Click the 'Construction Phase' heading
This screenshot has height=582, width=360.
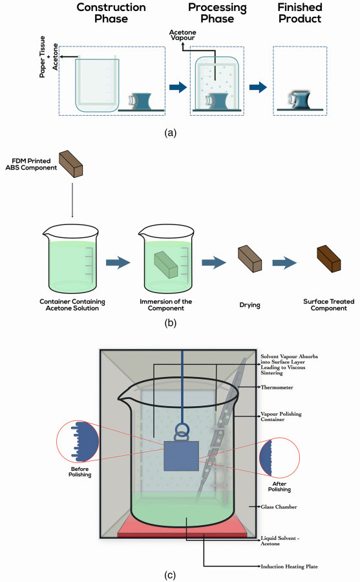pos(111,13)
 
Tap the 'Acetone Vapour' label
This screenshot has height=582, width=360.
pos(183,35)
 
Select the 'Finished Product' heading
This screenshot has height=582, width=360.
pos(300,13)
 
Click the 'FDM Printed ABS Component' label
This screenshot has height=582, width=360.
pos(31,164)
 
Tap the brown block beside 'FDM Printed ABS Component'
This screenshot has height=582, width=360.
pos(71,164)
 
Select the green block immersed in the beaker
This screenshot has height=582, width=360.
pos(166,264)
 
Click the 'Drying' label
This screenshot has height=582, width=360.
pos(249,305)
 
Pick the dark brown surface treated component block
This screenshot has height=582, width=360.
pos(329,259)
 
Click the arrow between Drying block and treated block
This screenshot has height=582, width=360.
pos(284,263)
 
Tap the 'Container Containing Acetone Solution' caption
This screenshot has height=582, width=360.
pos(72,305)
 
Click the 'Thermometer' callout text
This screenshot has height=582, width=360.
pos(277,387)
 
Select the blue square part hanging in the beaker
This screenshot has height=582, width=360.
pos(181,456)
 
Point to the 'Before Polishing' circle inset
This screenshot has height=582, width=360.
pos(78,441)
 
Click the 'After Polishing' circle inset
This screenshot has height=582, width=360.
pos(279,457)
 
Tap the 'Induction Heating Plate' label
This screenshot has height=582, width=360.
pos(289,566)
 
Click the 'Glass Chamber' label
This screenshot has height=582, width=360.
pos(279,506)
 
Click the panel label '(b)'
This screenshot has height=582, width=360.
pos(171,323)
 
